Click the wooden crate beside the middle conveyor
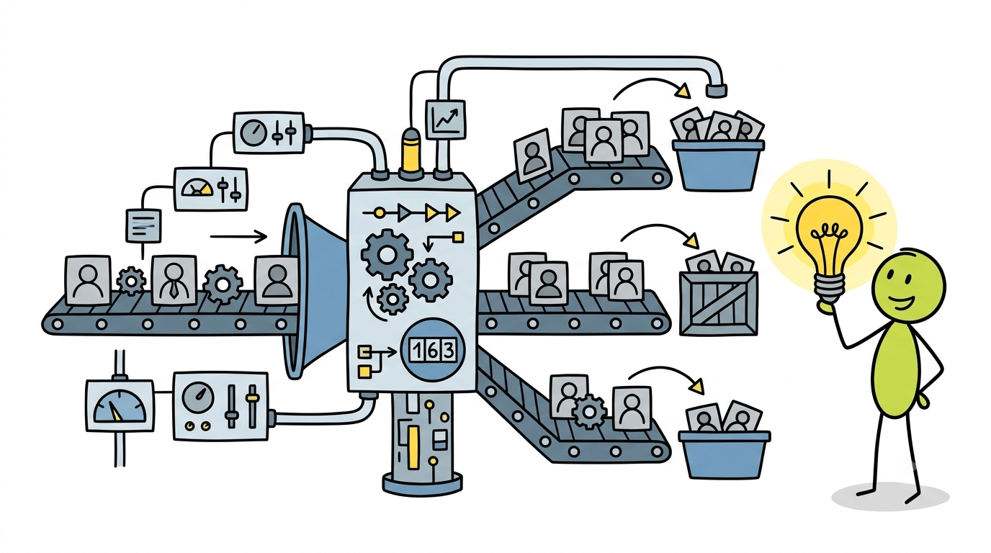(x=719, y=303)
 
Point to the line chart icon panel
(x=445, y=119)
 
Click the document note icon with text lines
(x=143, y=225)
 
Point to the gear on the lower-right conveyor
(x=589, y=411)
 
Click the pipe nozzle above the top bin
(x=717, y=90)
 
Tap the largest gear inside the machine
(x=387, y=254)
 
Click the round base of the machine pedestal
(x=422, y=484)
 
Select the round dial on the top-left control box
(x=254, y=132)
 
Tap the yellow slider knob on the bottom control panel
(x=252, y=397)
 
